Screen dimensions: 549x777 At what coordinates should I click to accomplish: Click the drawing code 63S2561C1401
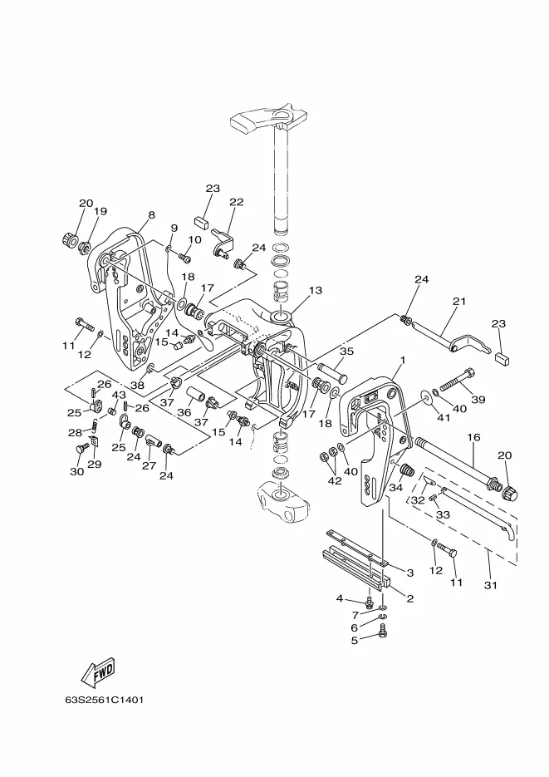[x=105, y=701]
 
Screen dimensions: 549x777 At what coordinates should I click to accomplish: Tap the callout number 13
[x=316, y=290]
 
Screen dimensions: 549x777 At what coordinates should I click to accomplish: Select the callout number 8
[x=151, y=214]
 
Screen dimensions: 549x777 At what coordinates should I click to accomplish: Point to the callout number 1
[x=402, y=361]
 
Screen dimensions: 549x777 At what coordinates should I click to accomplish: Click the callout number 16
[x=473, y=437]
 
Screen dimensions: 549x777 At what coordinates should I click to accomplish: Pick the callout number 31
[x=490, y=585]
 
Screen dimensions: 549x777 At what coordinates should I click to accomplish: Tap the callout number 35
[x=347, y=352]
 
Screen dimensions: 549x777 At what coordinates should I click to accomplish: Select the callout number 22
[x=237, y=202]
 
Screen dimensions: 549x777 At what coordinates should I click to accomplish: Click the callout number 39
[x=478, y=400]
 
